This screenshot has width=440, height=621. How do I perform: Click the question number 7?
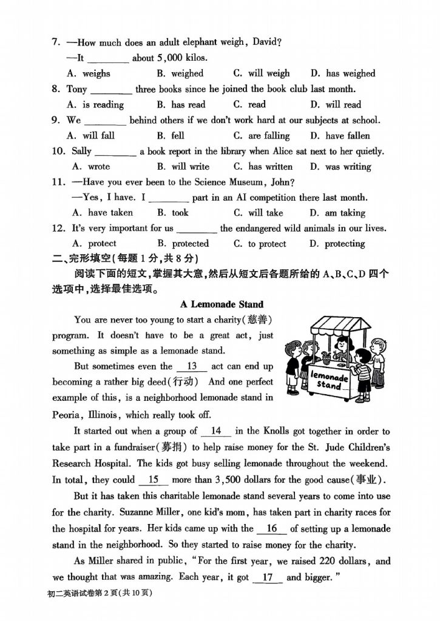coord(55,42)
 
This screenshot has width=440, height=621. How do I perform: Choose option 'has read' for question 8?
coord(188,104)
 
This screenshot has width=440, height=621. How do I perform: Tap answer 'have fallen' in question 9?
coord(347,136)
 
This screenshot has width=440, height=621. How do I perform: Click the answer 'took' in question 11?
coord(180,213)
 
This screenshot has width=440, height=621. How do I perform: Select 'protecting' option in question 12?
coord(345,244)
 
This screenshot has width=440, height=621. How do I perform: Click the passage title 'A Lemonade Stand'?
coord(222,304)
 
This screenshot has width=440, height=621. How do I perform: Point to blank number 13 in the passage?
coord(192,366)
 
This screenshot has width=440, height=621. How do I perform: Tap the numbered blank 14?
coord(215,431)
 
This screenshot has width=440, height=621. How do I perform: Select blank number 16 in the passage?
coord(271,529)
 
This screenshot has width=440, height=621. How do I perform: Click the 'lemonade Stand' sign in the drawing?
coord(330,380)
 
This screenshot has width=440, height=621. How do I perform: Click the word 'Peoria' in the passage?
coord(67,415)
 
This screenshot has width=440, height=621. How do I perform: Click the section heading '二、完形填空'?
coord(80,260)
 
